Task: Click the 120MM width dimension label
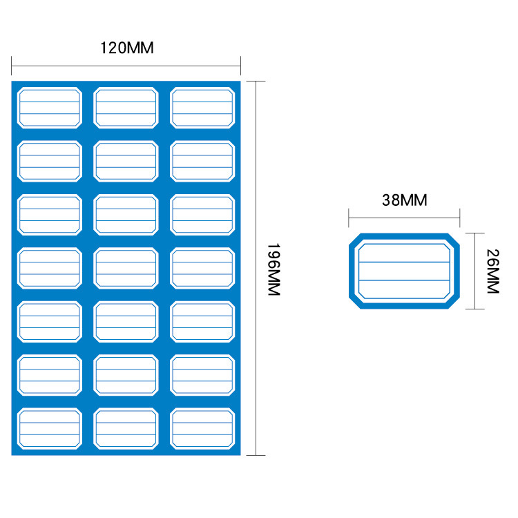point(126,48)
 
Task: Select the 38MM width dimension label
point(405,200)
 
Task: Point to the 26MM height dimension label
point(492,271)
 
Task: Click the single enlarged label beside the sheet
point(404,271)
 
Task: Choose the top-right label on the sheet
point(202,108)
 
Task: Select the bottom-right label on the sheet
point(202,429)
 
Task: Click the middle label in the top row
point(126,108)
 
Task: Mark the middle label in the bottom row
point(126,429)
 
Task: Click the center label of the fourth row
point(126,268)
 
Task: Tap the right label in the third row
point(202,215)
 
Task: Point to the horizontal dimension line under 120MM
point(126,66)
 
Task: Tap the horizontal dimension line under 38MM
point(405,220)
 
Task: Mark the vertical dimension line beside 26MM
point(474,271)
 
